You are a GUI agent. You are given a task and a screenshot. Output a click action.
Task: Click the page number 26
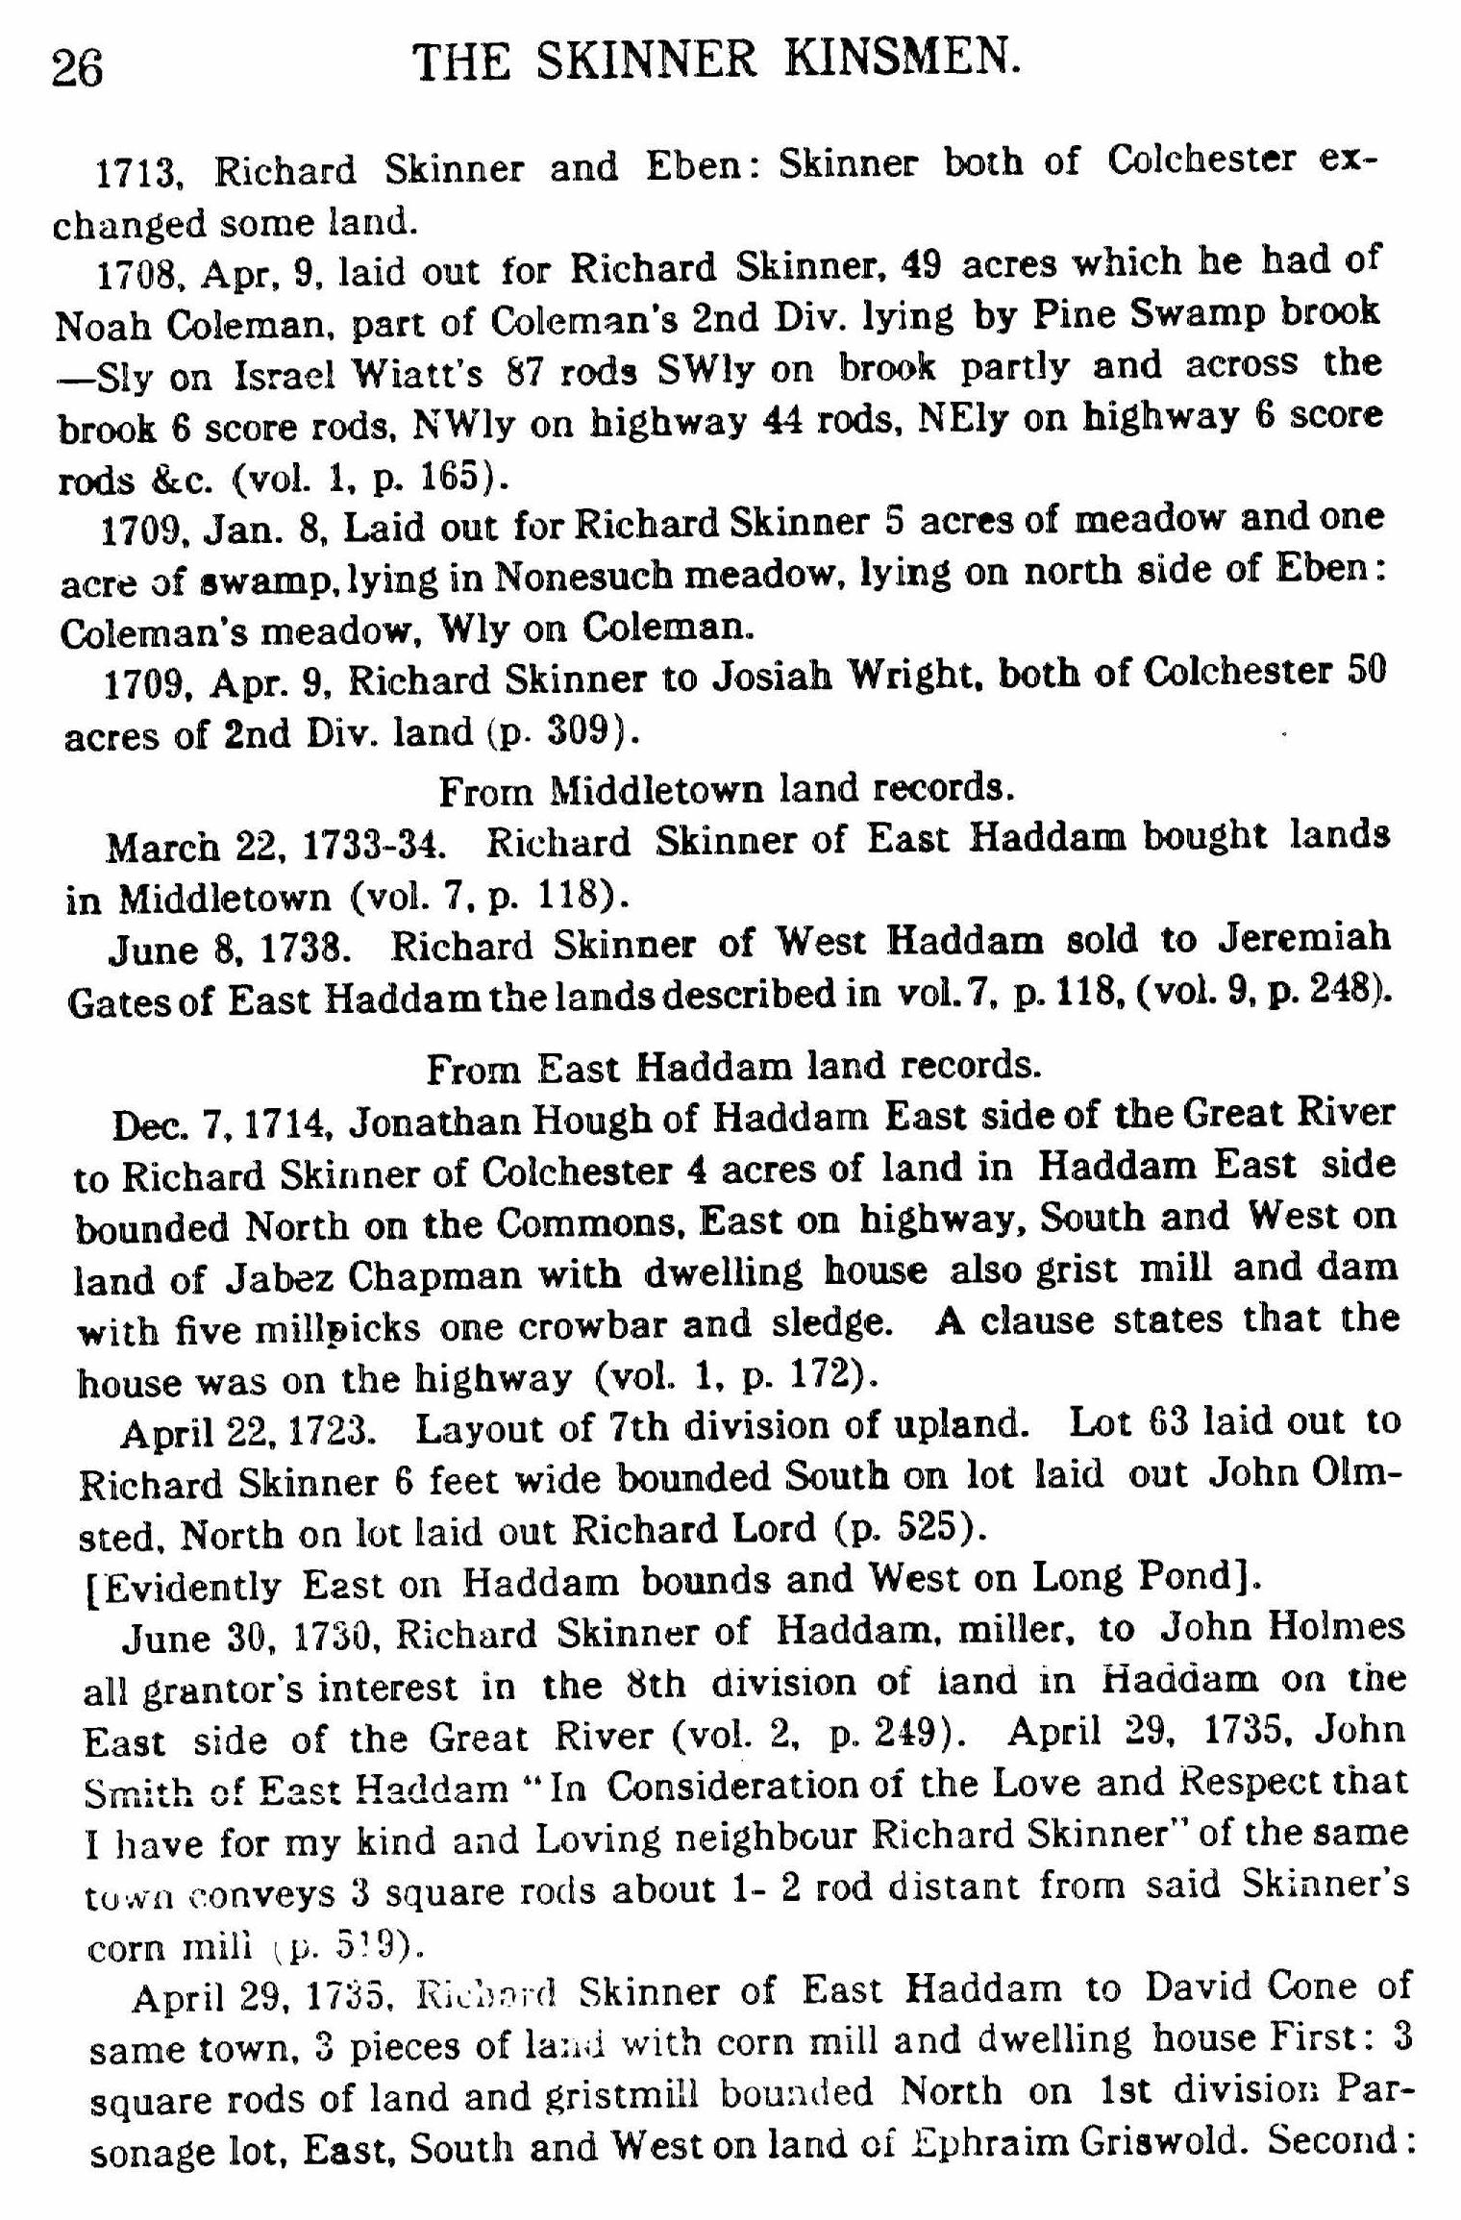77,69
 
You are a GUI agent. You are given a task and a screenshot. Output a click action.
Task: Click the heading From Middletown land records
727,789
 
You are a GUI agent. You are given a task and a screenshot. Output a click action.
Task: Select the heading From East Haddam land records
733,1066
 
